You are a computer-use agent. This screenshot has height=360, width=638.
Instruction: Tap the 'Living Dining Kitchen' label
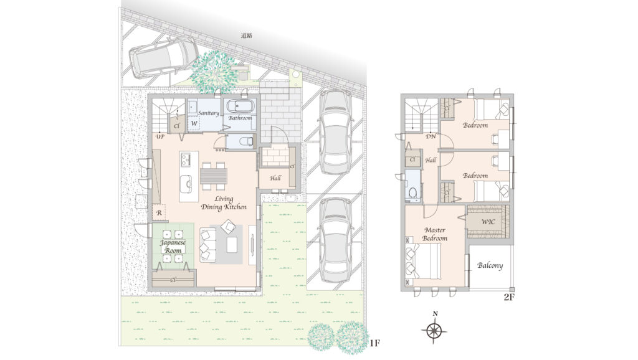pos(224,203)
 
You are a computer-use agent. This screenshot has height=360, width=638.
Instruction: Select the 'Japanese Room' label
pos(173,247)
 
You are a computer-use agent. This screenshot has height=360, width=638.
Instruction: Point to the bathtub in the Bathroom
pos(240,107)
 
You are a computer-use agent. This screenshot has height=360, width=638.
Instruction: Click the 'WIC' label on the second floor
pos(488,222)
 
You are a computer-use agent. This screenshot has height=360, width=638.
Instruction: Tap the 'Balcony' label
pos(490,265)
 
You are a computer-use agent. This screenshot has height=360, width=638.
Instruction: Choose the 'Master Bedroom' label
pos(434,234)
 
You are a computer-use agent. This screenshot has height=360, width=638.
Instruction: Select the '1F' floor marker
pos(374,343)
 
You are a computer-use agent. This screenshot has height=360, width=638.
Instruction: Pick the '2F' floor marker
pos(510,297)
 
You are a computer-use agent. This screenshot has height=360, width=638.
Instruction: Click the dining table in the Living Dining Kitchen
pos(214,176)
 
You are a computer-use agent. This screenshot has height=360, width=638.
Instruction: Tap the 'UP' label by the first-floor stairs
pos(160,137)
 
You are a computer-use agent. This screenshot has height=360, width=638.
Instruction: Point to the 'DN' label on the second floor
pos(431,136)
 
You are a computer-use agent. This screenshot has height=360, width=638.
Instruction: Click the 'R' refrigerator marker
pos(159,213)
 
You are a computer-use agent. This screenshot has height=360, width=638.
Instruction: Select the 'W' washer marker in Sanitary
pos(194,123)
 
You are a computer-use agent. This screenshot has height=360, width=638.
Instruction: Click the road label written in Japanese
pos(247,36)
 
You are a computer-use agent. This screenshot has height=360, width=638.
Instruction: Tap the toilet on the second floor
pos(413,192)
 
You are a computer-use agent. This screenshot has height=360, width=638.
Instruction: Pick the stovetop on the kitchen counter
pos(186,159)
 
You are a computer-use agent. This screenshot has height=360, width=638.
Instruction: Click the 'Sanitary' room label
pos(208,113)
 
